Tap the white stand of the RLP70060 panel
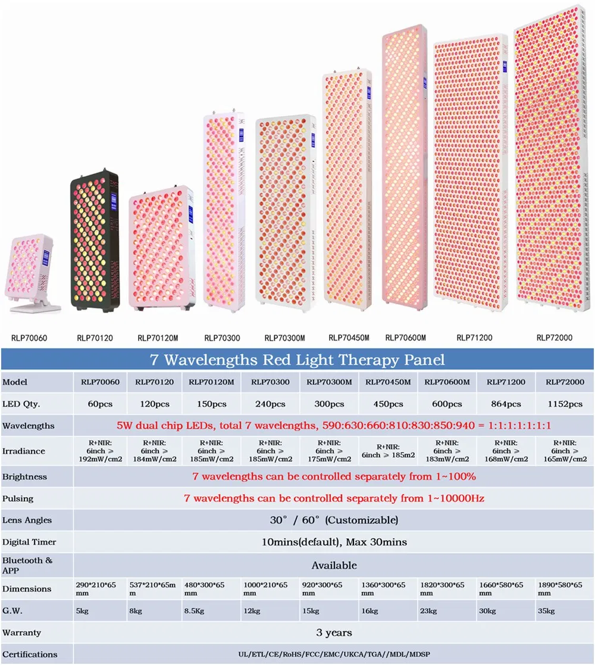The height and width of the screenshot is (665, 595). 36,308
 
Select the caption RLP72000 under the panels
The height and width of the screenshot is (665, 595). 554,338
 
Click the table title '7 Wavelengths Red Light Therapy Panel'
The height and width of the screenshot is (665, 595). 296,360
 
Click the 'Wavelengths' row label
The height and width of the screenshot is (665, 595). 29,426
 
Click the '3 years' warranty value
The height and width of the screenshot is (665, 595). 334,632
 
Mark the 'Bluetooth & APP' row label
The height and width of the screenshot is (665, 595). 27,564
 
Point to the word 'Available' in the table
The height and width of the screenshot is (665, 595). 334,565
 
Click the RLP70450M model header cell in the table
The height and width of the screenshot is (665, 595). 388,382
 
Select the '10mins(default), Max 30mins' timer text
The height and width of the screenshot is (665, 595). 334,542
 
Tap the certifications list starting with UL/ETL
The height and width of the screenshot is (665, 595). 334,654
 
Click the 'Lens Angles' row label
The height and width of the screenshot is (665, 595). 27,520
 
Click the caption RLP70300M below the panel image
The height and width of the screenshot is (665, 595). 284,338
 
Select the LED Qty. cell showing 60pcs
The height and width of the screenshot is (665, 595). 100,404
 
